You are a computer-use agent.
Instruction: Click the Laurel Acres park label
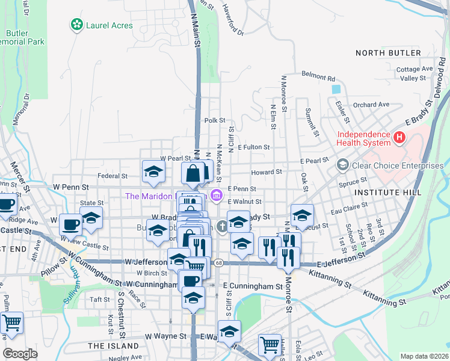[x=109, y=25]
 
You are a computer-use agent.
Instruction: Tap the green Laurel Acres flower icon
[x=76, y=25]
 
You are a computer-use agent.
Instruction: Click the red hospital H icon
[x=398, y=138]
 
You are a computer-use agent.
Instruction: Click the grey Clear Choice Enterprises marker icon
[x=342, y=164]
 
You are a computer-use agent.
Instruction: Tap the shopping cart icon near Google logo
[x=12, y=324]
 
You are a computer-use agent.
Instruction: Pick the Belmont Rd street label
[x=318, y=78]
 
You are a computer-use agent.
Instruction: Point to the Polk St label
[x=214, y=120]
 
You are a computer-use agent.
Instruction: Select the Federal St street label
[x=112, y=176]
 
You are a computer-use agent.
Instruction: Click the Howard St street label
[x=267, y=172]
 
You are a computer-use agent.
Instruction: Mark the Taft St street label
[x=99, y=299]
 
